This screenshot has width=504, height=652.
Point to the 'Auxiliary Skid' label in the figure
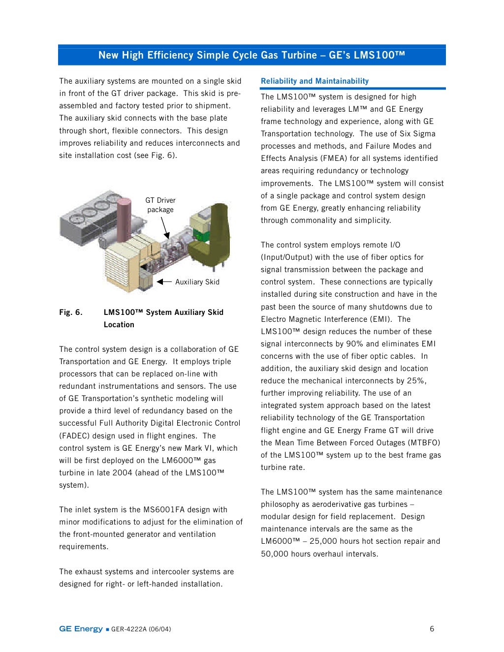197,282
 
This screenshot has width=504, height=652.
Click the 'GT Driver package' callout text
160,205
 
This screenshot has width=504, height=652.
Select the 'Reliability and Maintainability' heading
315,81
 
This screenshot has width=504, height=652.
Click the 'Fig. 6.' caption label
71,312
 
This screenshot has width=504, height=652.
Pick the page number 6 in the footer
432,629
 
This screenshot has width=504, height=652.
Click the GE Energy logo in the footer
81,629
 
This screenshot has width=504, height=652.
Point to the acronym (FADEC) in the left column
73,436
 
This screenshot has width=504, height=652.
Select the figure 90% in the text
354,344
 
